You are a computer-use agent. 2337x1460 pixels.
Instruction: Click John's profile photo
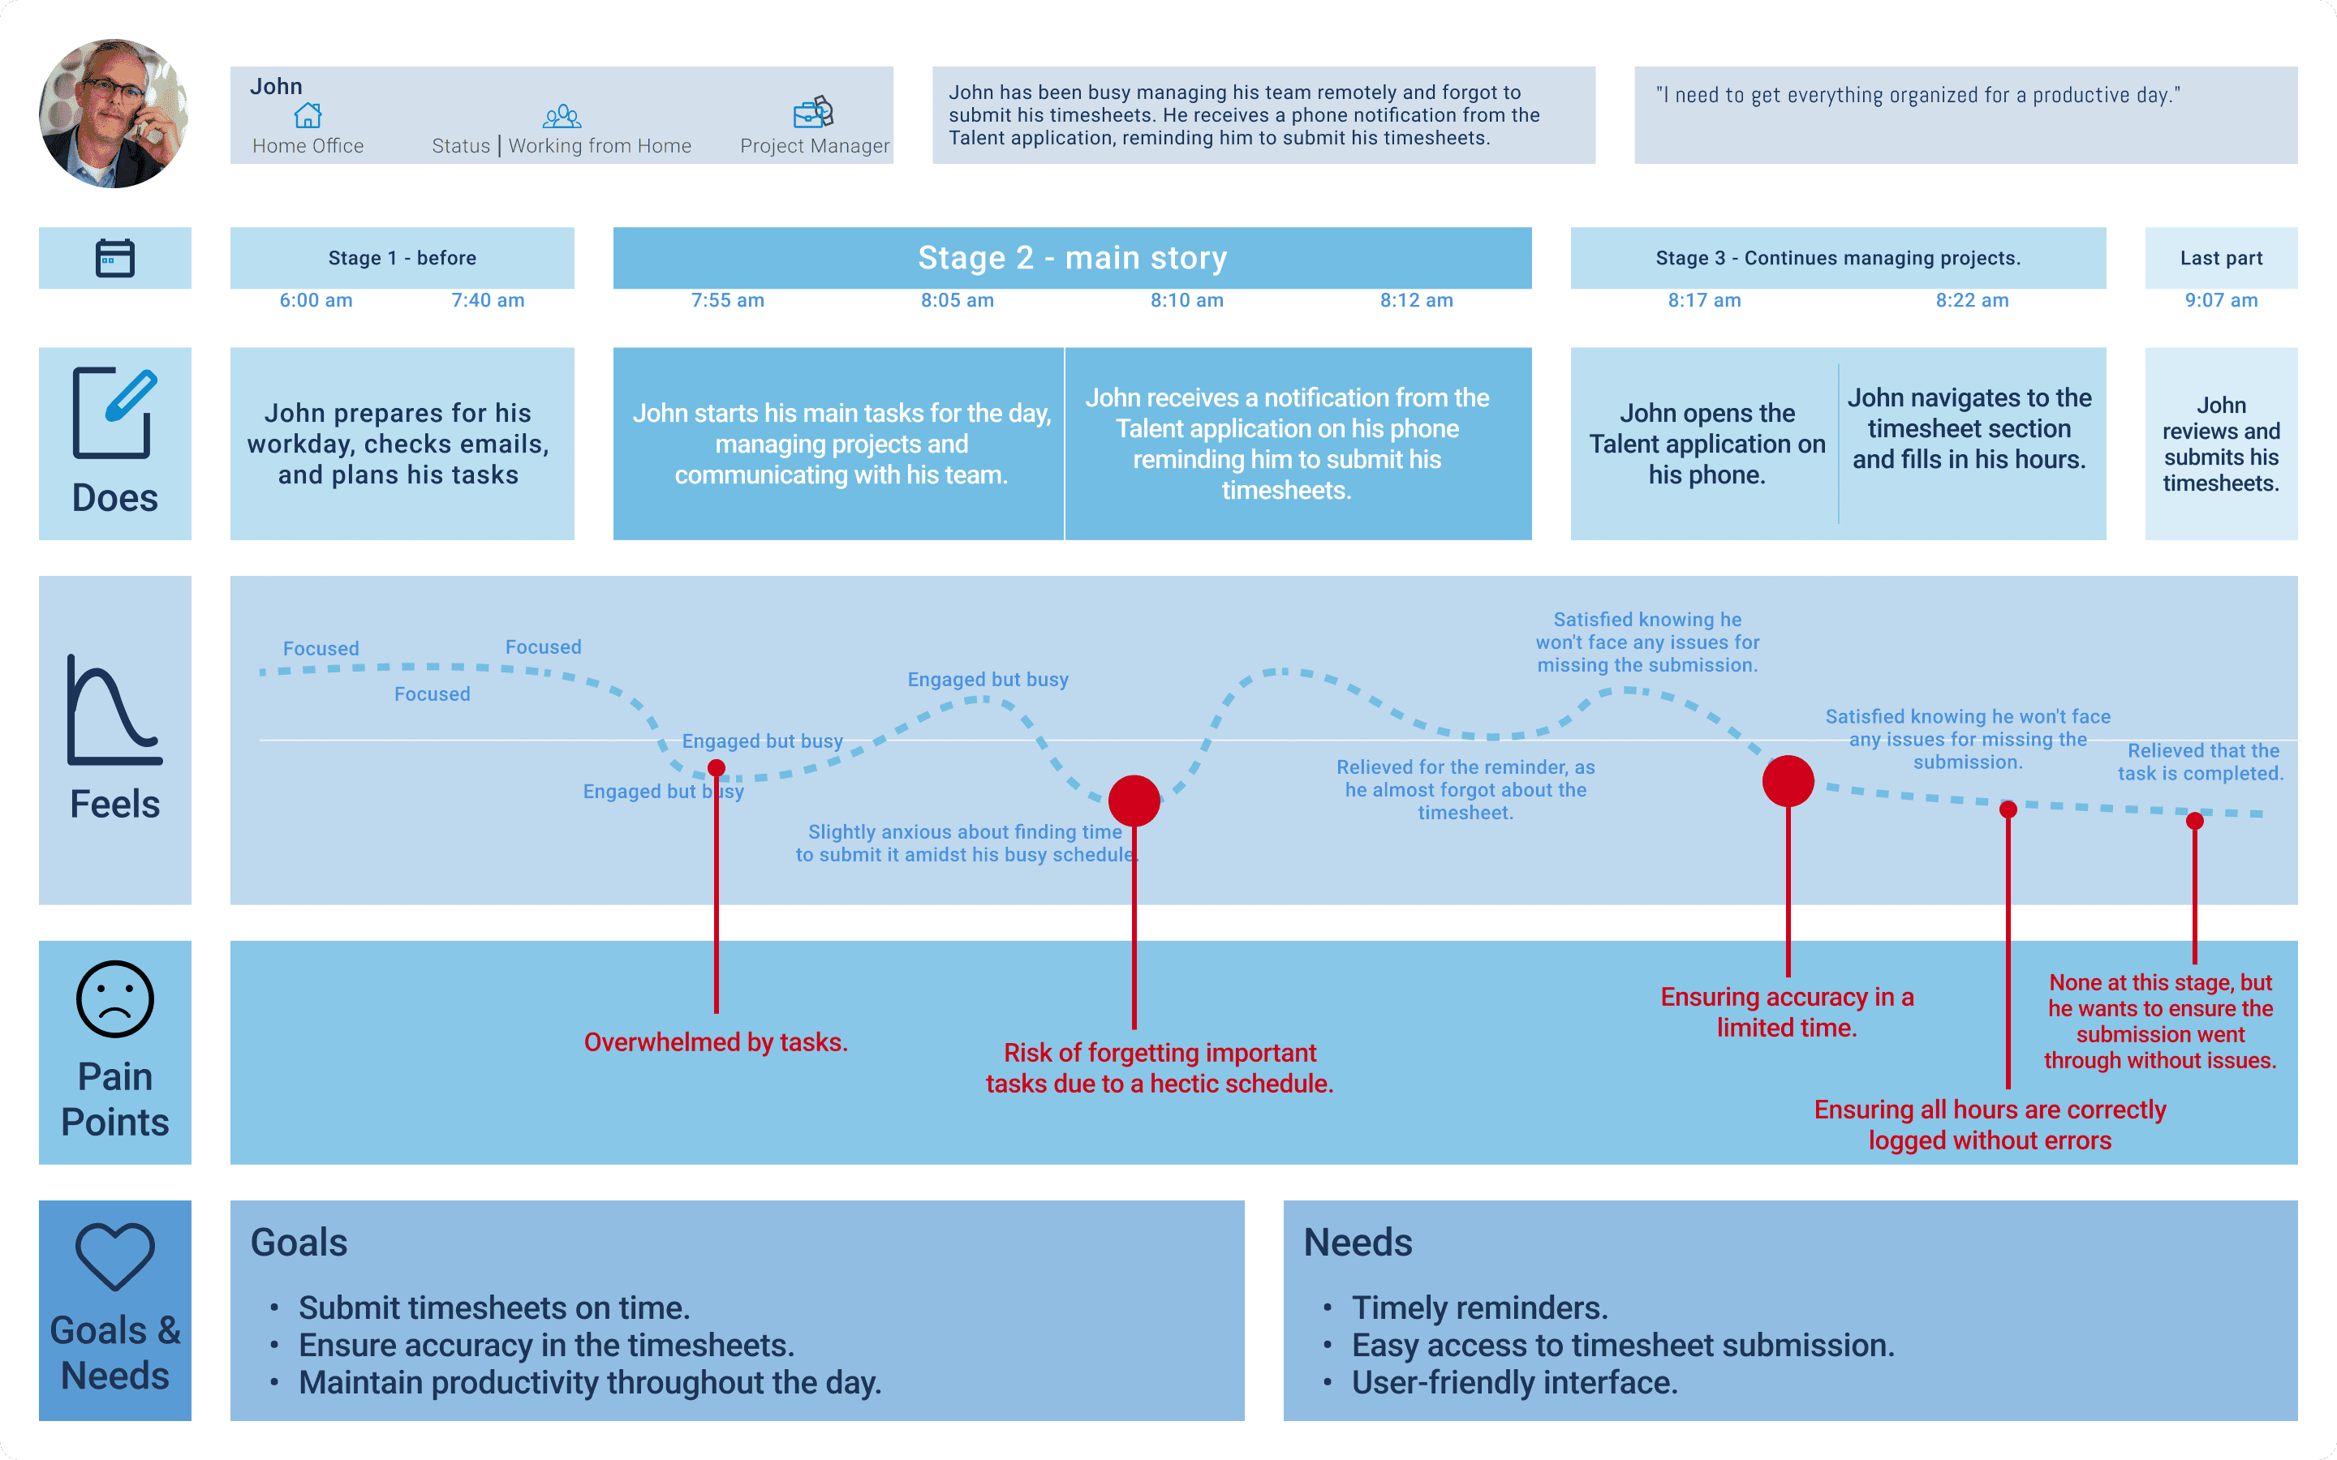113,113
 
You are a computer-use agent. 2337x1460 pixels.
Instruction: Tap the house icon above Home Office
307,116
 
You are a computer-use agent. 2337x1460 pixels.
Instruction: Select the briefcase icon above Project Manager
813,112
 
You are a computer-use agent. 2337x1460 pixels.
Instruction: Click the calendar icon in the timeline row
115,258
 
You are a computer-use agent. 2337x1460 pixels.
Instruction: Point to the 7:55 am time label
727,300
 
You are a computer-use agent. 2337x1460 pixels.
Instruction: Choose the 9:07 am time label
2220,300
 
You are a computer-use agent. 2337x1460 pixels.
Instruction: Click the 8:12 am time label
1416,300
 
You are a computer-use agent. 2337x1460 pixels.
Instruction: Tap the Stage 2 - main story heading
1072,258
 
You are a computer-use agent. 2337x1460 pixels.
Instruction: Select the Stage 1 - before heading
402,258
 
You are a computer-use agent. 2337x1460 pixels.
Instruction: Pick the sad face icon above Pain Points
115,998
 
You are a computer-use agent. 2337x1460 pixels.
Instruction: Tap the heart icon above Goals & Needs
115,1256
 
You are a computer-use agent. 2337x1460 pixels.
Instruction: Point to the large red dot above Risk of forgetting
1134,801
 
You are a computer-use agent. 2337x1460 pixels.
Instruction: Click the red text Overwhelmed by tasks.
716,1042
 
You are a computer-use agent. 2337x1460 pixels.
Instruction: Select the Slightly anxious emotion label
965,843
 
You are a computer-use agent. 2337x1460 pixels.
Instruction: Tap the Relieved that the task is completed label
2200,762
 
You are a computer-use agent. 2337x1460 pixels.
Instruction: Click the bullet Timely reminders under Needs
1478,1308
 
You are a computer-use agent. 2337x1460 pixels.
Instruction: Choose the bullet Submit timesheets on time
493,1308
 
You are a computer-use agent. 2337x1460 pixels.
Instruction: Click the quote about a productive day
1917,95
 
